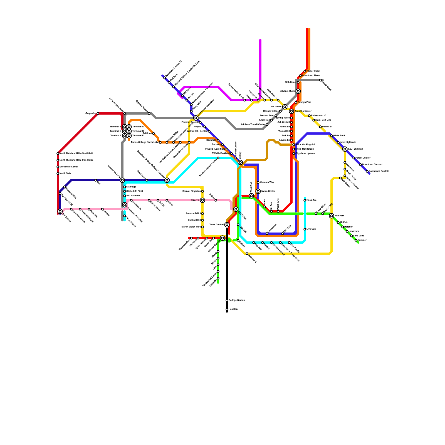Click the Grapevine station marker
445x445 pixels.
coord(98,113)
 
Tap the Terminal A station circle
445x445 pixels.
coord(129,127)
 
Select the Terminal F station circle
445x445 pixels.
coord(125,136)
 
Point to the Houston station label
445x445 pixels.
coord(233,309)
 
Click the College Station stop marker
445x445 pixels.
coord(227,300)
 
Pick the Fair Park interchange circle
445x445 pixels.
coord(331,216)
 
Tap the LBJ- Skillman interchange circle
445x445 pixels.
coord(345,149)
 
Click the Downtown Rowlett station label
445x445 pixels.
coord(379,171)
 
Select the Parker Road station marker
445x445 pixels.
coord(305,71)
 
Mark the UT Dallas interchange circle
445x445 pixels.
coord(285,107)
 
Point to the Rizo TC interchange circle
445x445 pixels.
coord(202,200)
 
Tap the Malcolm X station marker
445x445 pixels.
coord(247,254)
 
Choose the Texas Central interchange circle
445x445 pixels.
coord(227,225)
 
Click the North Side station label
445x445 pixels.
coord(65,174)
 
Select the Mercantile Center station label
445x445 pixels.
coord(69,167)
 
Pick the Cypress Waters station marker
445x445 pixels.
coord(149,113)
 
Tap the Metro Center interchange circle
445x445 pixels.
coord(258,191)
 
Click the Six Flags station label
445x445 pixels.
coord(131,187)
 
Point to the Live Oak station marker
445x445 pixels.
coord(305,229)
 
